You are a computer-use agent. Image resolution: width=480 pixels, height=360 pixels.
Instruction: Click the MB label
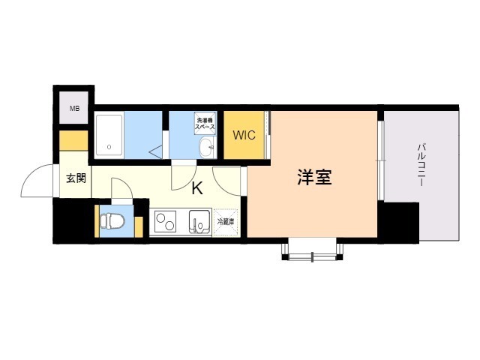pyautogui.click(x=74, y=108)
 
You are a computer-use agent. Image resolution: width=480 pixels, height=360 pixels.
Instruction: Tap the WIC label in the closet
pyautogui.click(x=244, y=135)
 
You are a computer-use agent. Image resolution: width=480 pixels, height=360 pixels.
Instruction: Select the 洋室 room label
pyautogui.click(x=314, y=177)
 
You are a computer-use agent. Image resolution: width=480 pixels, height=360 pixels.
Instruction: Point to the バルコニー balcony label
pyautogui.click(x=421, y=165)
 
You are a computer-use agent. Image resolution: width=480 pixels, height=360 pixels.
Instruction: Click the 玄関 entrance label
pyautogui.click(x=76, y=178)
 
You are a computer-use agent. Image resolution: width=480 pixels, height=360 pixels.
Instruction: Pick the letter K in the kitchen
pyautogui.click(x=196, y=188)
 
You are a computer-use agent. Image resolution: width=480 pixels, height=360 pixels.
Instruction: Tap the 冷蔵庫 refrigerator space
pyautogui.click(x=226, y=222)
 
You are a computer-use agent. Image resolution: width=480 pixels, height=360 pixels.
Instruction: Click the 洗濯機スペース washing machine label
pyautogui.click(x=205, y=123)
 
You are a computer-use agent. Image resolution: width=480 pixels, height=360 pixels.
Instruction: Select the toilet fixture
pyautogui.click(x=112, y=221)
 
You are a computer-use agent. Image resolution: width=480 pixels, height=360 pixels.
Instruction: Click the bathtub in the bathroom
pyautogui.click(x=109, y=135)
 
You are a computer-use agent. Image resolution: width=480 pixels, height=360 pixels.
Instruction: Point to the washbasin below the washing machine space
pyautogui.click(x=207, y=147)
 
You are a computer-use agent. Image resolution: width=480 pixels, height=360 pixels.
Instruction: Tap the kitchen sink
pyautogui.click(x=199, y=222)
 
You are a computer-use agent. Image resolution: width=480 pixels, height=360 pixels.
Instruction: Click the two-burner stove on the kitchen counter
pyautogui.click(x=165, y=222)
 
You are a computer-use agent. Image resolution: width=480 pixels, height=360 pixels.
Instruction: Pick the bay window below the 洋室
pyautogui.click(x=312, y=249)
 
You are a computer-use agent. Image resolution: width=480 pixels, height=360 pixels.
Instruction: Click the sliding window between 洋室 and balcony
pyautogui.click(x=380, y=160)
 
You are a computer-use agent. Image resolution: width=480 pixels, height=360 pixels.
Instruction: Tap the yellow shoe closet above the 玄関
pyautogui.click(x=73, y=140)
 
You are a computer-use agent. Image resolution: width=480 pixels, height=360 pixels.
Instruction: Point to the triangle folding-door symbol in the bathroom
pyautogui.click(x=156, y=151)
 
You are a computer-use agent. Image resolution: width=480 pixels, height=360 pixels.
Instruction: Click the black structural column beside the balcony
pyautogui.click(x=398, y=223)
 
